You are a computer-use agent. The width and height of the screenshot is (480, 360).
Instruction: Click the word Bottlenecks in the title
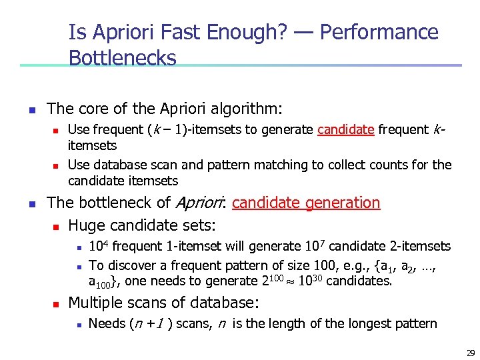tap(122, 58)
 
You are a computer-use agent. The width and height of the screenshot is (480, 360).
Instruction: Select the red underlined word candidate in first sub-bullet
tap(345, 130)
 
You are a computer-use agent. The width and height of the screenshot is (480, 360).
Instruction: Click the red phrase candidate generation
tap(306, 203)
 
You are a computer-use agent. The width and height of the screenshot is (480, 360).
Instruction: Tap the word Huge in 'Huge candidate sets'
tap(86, 225)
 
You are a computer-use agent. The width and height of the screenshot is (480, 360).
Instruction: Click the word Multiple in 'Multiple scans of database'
tap(96, 303)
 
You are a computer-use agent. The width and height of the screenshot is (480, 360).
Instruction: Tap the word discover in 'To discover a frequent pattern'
tap(130, 265)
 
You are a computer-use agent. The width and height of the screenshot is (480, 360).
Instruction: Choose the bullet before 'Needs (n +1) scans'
tap(77, 325)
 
